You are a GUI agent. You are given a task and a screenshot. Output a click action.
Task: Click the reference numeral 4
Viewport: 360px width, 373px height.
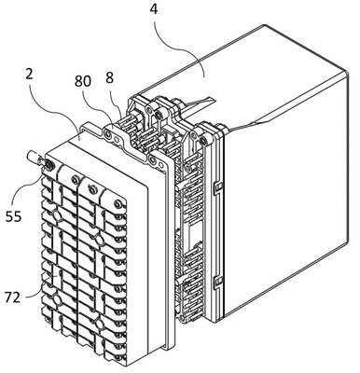(154, 9)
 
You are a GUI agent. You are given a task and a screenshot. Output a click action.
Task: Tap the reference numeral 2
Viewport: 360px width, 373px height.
(29, 75)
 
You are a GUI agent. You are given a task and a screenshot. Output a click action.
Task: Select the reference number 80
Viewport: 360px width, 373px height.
(83, 81)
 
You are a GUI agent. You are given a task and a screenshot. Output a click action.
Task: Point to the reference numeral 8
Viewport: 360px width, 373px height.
(109, 78)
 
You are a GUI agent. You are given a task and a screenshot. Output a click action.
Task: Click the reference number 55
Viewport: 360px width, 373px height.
(14, 216)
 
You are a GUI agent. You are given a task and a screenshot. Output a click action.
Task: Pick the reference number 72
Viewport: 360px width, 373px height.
(12, 297)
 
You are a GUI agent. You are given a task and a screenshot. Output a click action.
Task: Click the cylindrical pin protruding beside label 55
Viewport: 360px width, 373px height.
(34, 157)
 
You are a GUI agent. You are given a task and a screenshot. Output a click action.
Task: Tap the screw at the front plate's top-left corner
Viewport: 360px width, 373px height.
(48, 165)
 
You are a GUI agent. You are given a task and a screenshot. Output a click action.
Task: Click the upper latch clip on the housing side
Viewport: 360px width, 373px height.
(218, 186)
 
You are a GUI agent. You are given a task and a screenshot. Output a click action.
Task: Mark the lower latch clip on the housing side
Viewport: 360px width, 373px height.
(218, 283)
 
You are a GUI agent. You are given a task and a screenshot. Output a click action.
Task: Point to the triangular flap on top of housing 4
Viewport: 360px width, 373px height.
(199, 104)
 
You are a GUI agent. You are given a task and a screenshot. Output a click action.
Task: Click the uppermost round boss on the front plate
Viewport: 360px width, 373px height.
(57, 214)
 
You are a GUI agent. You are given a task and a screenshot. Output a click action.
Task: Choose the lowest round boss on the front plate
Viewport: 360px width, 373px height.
(100, 324)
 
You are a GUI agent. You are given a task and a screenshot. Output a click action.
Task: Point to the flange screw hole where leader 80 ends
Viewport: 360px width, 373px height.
(107, 134)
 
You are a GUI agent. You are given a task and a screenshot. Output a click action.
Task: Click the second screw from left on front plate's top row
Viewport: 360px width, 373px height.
(75, 178)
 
